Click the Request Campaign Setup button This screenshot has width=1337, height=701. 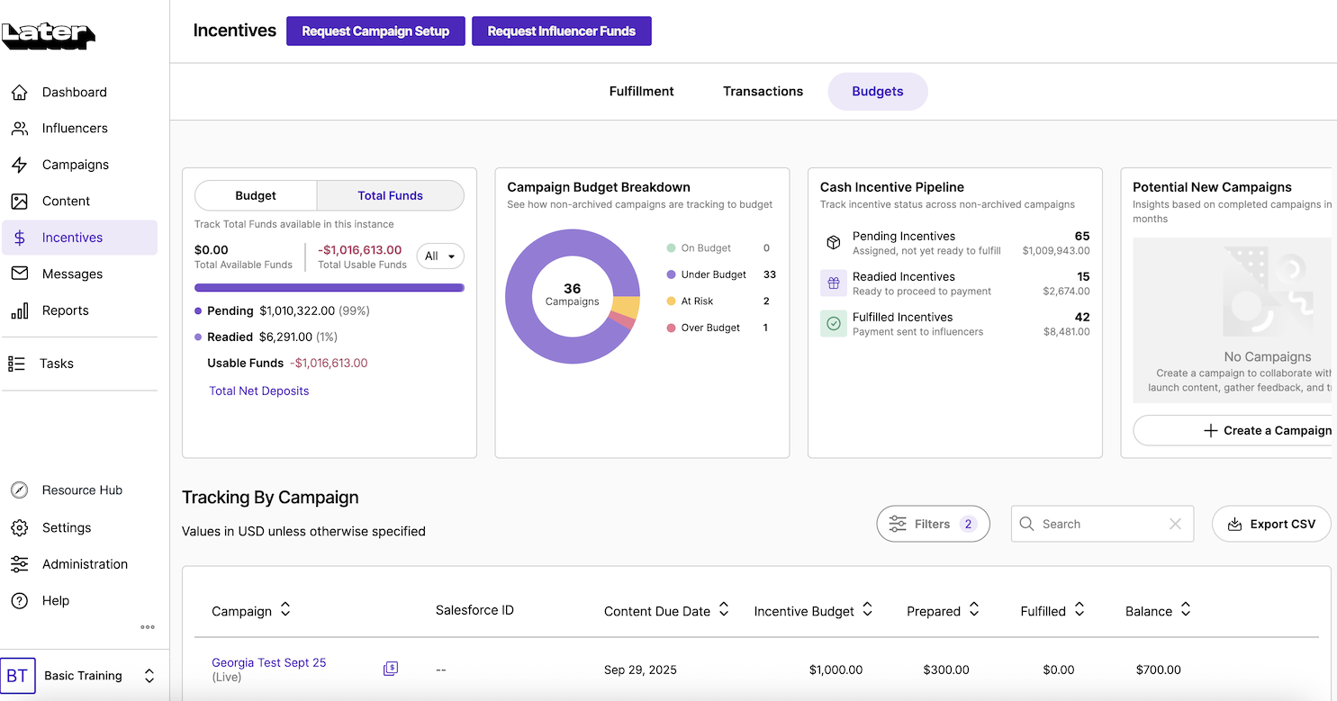[x=375, y=31]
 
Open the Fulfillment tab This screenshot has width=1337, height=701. [x=641, y=91]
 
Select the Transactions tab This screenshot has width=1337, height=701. [x=763, y=91]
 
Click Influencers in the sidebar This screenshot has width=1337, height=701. [x=75, y=128]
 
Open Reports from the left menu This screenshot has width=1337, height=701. [x=65, y=310]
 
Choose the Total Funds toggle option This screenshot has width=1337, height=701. [x=390, y=195]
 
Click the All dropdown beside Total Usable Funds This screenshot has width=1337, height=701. [x=440, y=256]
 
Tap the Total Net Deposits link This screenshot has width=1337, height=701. [x=258, y=391]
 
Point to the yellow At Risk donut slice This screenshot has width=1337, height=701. [x=626, y=308]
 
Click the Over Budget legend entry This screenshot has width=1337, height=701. [x=709, y=328]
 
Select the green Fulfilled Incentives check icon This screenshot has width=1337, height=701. [x=834, y=323]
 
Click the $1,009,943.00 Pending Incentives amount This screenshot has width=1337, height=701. [x=1055, y=251]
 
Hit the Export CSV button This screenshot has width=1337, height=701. [x=1271, y=524]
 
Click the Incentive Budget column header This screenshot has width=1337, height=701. [x=804, y=611]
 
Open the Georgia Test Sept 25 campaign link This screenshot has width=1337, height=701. [x=268, y=662]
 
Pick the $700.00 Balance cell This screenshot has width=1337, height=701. [x=1158, y=670]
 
